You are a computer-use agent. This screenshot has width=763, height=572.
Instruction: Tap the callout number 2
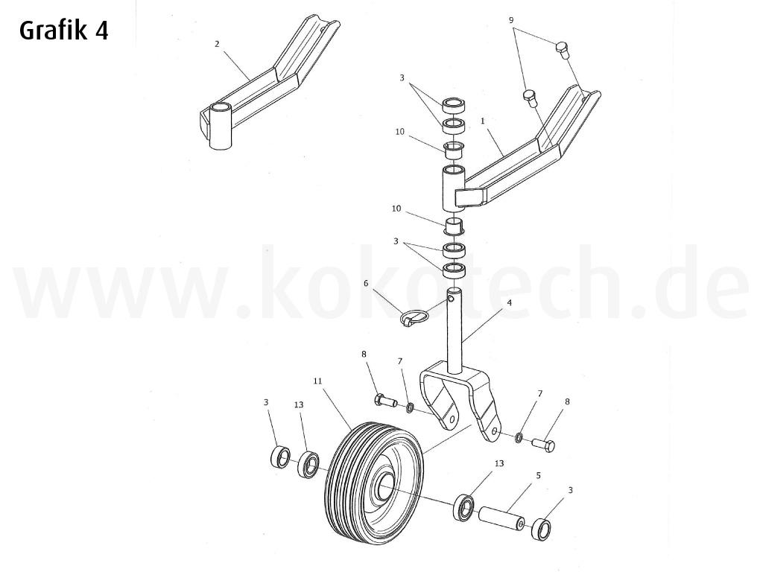[x=217, y=44]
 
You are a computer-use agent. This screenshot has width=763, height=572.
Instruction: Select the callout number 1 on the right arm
[x=483, y=120]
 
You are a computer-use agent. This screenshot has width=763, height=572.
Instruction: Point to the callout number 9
[x=511, y=20]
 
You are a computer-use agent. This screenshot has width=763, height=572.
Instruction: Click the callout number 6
[x=366, y=283]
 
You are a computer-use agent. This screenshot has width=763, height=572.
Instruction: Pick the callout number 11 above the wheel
[x=317, y=381]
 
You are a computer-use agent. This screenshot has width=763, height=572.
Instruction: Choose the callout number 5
[x=538, y=474]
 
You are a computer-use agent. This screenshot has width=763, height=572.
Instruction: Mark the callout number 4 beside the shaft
[x=509, y=303]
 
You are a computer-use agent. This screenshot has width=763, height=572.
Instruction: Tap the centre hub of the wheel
[x=385, y=488]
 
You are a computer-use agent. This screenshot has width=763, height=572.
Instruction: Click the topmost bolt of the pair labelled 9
[x=563, y=51]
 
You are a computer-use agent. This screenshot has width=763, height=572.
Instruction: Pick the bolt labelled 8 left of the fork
[x=385, y=401]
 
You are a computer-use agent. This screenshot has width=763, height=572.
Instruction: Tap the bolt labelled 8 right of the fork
[x=543, y=445]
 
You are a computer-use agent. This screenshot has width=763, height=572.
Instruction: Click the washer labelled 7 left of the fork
[x=410, y=407]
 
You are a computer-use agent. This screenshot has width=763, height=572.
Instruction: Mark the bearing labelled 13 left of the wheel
[x=308, y=465]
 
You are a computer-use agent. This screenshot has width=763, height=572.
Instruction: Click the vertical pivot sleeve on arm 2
[x=221, y=127]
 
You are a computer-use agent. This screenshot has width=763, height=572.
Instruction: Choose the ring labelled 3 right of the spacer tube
[x=542, y=530]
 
